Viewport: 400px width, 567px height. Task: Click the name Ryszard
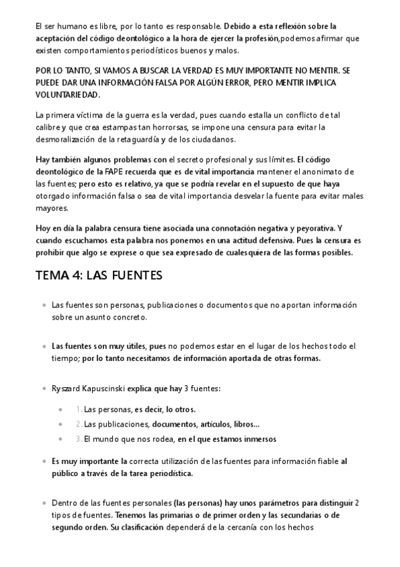coord(66,388)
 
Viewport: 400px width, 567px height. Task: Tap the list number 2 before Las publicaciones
coord(78,424)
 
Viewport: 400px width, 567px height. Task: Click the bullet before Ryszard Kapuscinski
coord(43,388)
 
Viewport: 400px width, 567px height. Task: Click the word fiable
coord(324,461)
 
